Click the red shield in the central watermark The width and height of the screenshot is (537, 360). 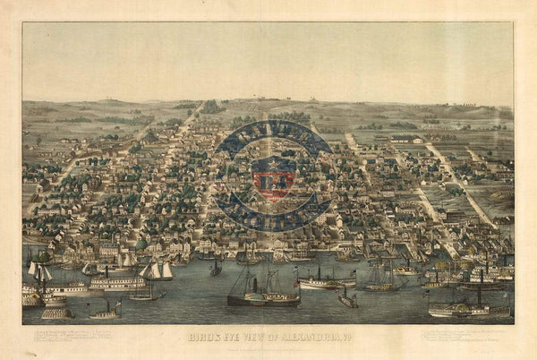pyautogui.click(x=274, y=178)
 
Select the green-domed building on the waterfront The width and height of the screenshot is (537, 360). pyautogui.click(x=141, y=244)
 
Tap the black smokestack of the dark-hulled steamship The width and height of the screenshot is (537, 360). pyautogui.click(x=252, y=286)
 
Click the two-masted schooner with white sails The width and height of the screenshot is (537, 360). pyautogui.click(x=157, y=270)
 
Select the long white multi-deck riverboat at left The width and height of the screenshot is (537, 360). pyautogui.click(x=116, y=283)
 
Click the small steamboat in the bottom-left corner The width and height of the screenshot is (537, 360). pyautogui.click(x=105, y=313)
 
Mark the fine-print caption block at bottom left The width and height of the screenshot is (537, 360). pyautogui.click(x=72, y=337)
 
